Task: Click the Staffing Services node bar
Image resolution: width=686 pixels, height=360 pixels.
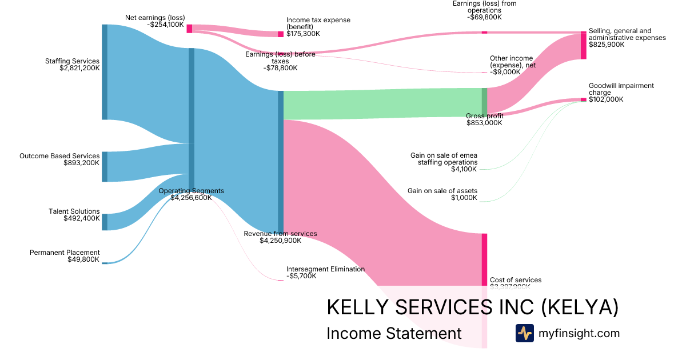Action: click(105, 72)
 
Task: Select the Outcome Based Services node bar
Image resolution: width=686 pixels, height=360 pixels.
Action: click(105, 167)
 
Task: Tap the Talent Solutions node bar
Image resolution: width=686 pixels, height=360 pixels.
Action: click(105, 222)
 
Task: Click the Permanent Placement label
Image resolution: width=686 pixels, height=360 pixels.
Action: click(65, 253)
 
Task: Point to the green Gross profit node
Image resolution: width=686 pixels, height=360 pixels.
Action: click(484, 102)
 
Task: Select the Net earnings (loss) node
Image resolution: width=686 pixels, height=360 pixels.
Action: click(189, 29)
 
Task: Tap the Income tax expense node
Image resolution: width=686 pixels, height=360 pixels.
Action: click(281, 34)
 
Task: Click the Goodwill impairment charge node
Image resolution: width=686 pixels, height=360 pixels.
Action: click(583, 100)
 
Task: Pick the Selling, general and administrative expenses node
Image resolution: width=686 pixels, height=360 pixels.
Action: click(583, 46)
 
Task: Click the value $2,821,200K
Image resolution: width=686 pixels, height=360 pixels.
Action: click(79, 68)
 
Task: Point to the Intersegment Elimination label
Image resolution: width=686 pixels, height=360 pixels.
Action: click(325, 269)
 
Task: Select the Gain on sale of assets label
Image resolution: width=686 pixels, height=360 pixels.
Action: click(442, 191)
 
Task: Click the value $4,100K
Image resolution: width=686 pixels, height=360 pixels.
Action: click(464, 169)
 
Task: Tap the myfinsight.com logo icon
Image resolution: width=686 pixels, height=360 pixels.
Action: click(524, 333)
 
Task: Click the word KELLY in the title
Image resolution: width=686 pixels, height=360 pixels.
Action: click(353, 307)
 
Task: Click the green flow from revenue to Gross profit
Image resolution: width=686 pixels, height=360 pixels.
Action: click(383, 104)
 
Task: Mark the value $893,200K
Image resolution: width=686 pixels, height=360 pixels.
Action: click(82, 163)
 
